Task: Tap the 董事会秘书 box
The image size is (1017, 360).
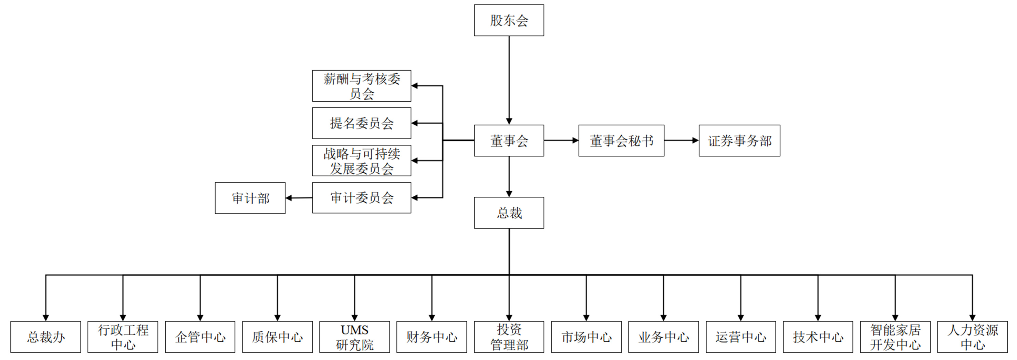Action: pyautogui.click(x=621, y=141)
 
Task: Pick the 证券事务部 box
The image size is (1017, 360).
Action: pyautogui.click(x=739, y=141)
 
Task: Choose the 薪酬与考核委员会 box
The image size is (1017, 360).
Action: pyautogui.click(x=361, y=86)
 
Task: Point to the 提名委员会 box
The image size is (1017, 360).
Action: pyautogui.click(x=361, y=123)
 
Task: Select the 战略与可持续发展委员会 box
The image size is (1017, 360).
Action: pyautogui.click(x=361, y=161)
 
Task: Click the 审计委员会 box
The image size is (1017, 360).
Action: pyautogui.click(x=361, y=198)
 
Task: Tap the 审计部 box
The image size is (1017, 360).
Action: pyautogui.click(x=250, y=198)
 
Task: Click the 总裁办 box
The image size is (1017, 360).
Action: pyautogui.click(x=45, y=337)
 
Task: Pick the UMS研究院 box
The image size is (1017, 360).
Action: pyautogui.click(x=354, y=337)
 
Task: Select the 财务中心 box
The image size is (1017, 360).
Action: pyautogui.click(x=432, y=337)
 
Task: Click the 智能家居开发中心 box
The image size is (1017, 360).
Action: pyautogui.click(x=895, y=337)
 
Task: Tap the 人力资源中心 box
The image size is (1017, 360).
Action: pyautogui.click(x=972, y=337)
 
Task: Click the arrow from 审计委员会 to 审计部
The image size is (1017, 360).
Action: pyautogui.click(x=299, y=198)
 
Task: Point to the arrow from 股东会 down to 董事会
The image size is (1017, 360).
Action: pyautogui.click(x=509, y=79)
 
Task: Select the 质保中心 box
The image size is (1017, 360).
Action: pyautogui.click(x=277, y=337)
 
